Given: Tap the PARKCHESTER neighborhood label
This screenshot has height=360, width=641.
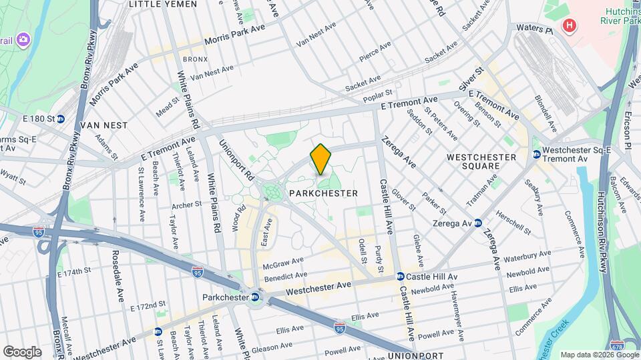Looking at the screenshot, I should click(324, 193).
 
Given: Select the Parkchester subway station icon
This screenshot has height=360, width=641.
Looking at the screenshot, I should click(255, 297).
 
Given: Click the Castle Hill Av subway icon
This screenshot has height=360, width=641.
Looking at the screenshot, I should click(399, 276).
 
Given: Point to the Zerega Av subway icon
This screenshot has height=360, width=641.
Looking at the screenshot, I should click(478, 223).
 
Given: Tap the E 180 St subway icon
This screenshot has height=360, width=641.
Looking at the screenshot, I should click(60, 119).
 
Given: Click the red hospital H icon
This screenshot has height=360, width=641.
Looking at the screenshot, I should click(569, 26).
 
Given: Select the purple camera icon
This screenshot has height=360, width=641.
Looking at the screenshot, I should click(23, 40).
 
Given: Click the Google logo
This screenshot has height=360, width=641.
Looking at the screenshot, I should click(22, 351).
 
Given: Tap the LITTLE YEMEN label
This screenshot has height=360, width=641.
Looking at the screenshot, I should click(163, 4).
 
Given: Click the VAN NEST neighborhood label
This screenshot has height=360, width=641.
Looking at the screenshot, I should click(103, 125).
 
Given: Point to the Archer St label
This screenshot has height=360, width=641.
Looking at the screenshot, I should click(186, 205).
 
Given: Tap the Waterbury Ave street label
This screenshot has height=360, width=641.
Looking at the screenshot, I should click(527, 256).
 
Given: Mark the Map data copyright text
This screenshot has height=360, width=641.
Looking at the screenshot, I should click(599, 354).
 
